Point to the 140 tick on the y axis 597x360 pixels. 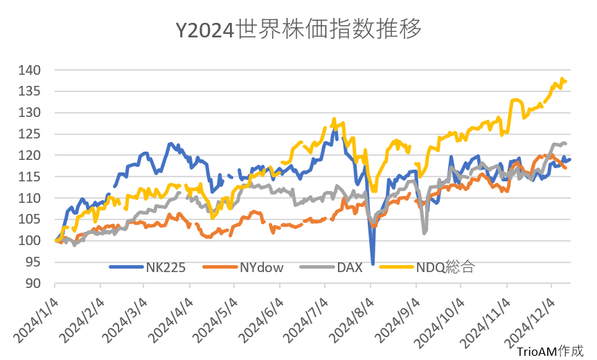point(30,70)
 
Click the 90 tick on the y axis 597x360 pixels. point(34,283)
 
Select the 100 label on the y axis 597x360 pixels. point(30,241)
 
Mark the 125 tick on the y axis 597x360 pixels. point(30,134)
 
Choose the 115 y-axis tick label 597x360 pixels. point(30,177)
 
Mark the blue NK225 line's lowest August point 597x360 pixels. point(373,264)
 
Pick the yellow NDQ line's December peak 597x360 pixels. point(562,79)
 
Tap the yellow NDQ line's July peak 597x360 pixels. point(334,119)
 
